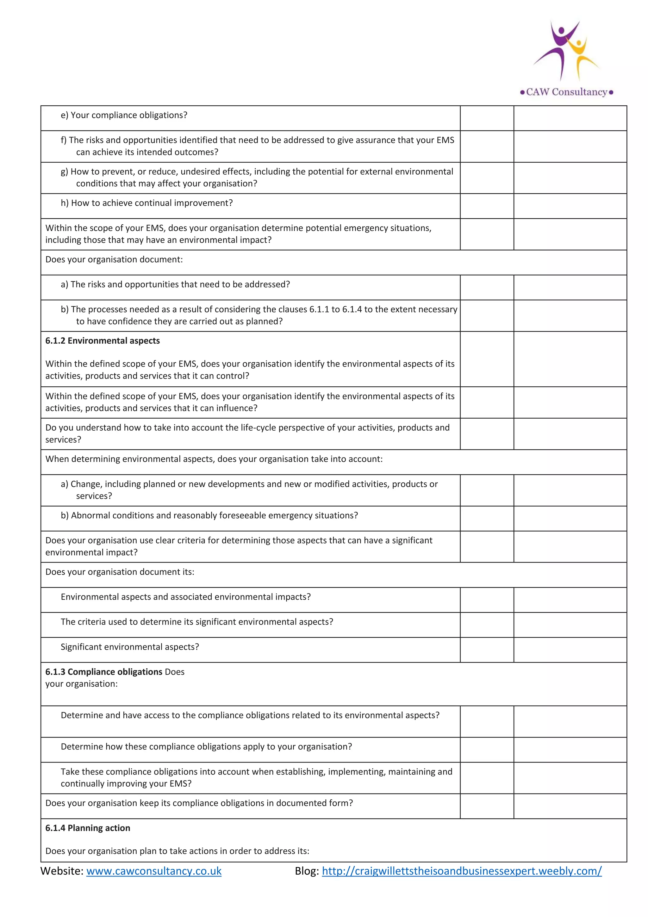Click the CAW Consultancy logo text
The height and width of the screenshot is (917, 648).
[x=566, y=92]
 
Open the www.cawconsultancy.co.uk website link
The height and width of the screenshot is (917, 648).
[x=154, y=871]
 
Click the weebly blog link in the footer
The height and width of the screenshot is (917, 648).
[x=462, y=871]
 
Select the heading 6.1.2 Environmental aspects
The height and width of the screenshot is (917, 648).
[x=103, y=341]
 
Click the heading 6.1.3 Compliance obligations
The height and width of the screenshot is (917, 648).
[x=104, y=672]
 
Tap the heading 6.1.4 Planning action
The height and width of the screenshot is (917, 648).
[x=88, y=828]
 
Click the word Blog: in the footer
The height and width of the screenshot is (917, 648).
[x=307, y=871]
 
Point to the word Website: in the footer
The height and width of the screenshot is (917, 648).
[x=62, y=871]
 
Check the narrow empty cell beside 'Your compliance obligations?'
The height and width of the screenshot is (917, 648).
[x=487, y=118]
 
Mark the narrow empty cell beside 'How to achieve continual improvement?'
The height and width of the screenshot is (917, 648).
[x=487, y=206]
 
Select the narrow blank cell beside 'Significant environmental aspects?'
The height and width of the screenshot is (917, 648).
[x=487, y=650]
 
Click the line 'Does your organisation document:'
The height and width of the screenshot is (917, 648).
[x=114, y=259]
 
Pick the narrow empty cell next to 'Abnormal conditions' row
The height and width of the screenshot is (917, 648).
[x=487, y=518]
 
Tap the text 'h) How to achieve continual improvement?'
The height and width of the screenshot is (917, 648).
[x=146, y=203]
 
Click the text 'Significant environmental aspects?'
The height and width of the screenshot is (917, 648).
[x=130, y=647]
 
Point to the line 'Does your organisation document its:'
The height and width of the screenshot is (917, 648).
[x=120, y=572]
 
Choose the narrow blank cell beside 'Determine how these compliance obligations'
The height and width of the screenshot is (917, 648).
[x=487, y=750]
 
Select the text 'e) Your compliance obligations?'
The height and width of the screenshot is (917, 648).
[x=124, y=115]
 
